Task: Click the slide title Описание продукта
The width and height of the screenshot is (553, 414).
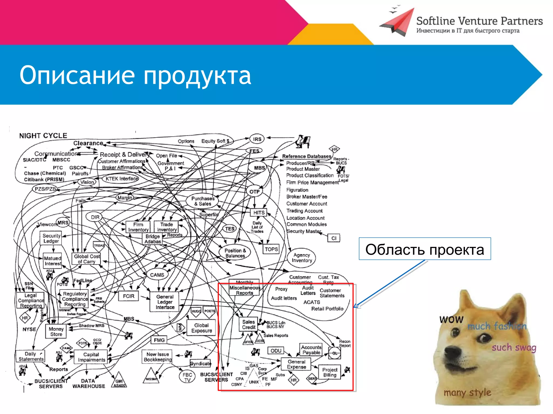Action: point(135,75)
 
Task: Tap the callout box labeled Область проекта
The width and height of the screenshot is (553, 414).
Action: point(424,249)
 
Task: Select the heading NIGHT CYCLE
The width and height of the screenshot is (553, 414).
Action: point(43,136)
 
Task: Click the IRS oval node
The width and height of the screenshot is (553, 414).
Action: point(257,139)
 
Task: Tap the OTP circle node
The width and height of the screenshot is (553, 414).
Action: point(254,192)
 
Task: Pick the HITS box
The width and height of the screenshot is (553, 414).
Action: point(258,213)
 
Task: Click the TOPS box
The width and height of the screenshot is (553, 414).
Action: point(271,249)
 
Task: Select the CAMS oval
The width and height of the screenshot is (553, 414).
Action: point(157,275)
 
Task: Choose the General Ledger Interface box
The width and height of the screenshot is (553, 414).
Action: point(165,302)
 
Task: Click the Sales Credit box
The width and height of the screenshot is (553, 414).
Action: point(248,325)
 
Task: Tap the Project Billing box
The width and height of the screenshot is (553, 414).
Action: point(330,372)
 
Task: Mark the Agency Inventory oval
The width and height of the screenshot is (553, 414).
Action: point(302,258)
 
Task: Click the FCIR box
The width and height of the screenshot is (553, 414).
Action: point(129,296)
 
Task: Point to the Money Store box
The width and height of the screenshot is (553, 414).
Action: point(56,332)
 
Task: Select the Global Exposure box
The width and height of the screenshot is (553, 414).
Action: point(201,328)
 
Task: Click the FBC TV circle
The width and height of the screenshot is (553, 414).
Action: point(187,377)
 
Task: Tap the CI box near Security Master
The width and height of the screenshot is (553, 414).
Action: point(334,238)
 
